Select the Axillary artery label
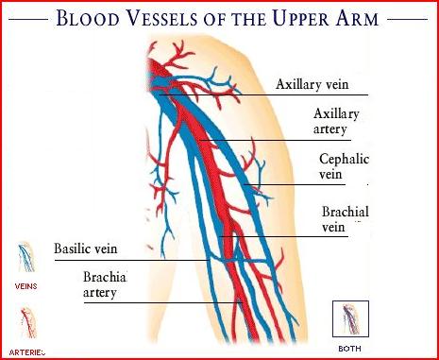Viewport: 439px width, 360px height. pos(336,121)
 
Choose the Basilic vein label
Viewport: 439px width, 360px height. pos(92,249)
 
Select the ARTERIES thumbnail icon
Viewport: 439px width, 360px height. pos(26,324)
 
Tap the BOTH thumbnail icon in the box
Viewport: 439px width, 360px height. pos(350,318)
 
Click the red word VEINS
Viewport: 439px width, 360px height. pos(26,283)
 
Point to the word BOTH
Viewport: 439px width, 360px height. pos(349,348)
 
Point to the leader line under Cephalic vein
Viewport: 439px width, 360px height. pos(302,183)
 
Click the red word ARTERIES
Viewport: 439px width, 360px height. pos(27,351)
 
